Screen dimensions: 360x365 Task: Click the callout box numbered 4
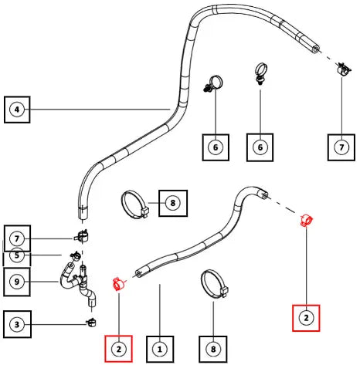click(x=17, y=110)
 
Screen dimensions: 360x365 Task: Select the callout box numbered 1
click(x=160, y=349)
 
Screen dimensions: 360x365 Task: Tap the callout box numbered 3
click(x=17, y=324)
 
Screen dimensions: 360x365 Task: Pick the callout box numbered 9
click(x=17, y=282)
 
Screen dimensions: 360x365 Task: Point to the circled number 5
click(x=17, y=255)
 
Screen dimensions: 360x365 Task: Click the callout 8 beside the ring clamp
click(x=173, y=203)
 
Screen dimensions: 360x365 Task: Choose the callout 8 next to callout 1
click(x=213, y=349)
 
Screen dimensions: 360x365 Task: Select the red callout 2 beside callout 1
click(x=118, y=349)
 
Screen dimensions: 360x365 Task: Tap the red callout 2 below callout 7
click(x=306, y=318)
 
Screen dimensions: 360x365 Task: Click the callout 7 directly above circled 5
click(x=17, y=238)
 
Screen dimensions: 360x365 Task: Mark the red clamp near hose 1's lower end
click(x=118, y=284)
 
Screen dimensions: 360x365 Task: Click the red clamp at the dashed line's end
click(x=306, y=221)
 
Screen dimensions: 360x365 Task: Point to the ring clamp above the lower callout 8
click(x=214, y=284)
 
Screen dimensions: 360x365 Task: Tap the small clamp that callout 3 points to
click(x=90, y=322)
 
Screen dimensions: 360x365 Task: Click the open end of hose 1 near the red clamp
click(x=139, y=274)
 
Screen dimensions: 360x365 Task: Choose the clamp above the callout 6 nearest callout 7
click(x=261, y=73)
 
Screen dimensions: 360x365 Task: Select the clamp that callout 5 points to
click(x=75, y=255)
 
